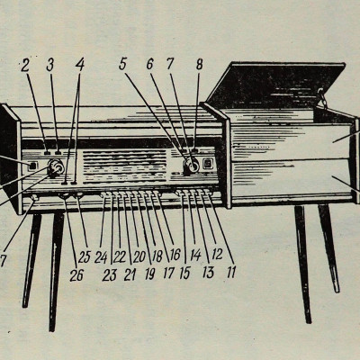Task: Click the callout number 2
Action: click(25, 66)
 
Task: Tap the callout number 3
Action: click(50, 65)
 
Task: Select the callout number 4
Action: click(80, 65)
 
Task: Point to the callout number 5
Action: click(122, 64)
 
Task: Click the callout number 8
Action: click(199, 64)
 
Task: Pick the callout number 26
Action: click(76, 275)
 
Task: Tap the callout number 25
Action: click(85, 257)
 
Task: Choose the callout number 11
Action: click(231, 273)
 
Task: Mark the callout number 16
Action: click(175, 256)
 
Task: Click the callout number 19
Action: click(150, 274)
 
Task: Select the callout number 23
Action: click(109, 275)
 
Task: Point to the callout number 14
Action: click(195, 256)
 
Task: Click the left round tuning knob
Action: click(56, 167)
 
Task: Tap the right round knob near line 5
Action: click(192, 165)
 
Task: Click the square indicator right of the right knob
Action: click(208, 164)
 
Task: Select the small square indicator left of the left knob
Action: click(32, 166)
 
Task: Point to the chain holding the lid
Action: click(323, 97)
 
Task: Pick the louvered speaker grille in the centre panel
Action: click(124, 166)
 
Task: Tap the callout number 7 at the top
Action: click(170, 64)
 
